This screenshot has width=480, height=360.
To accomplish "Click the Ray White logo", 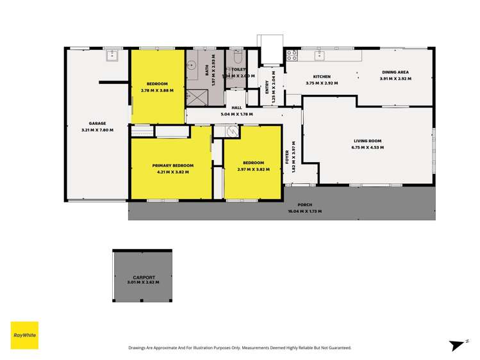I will [24, 335].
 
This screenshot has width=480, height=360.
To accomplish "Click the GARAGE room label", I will [97, 124].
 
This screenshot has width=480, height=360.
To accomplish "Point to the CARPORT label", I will [142, 277].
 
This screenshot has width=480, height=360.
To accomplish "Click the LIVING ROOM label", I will [367, 141].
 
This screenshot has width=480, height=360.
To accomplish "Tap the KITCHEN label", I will [322, 77].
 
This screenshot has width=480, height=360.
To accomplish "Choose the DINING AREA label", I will [395, 72].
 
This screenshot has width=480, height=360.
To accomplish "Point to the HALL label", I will [236, 108].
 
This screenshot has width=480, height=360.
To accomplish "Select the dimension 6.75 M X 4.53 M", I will [367, 147].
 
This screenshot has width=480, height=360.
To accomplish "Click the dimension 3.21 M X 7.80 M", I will [97, 130].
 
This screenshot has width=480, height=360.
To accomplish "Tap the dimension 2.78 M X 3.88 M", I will [157, 90].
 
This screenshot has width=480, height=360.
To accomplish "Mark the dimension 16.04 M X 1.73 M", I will [304, 211].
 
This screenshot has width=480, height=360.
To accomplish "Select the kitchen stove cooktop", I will [291, 55].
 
